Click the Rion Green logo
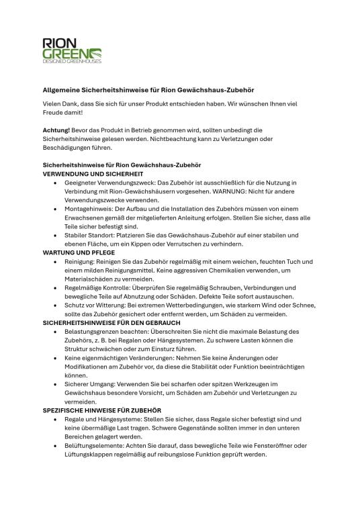click(x=71, y=50)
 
